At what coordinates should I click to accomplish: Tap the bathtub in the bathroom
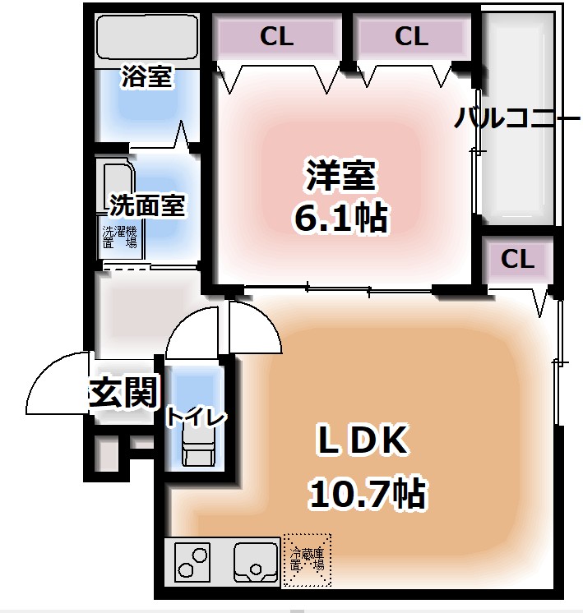tap(147, 37)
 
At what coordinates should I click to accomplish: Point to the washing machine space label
tap(120, 237)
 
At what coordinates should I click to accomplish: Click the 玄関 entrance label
tap(123, 394)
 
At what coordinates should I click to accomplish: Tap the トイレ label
tap(195, 417)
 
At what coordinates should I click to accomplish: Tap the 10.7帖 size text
tap(367, 493)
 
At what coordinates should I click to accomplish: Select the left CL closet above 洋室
tap(277, 37)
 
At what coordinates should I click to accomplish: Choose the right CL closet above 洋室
tap(410, 37)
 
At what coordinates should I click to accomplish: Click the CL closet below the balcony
tap(517, 260)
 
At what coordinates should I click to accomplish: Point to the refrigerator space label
tap(307, 560)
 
